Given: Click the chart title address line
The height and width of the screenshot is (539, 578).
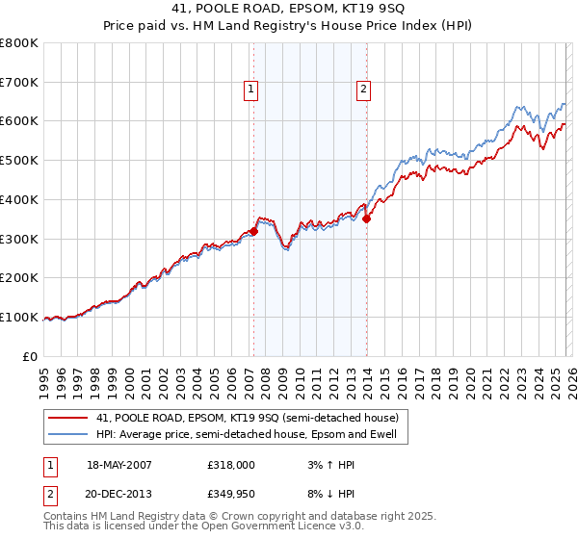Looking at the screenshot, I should pos(288,9).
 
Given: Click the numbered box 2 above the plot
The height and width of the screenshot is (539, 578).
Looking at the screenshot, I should pos(364,90).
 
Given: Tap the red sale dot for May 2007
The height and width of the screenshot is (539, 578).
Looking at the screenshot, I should pos(253,231).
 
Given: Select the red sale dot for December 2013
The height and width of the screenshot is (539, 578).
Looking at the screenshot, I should pos(366,218).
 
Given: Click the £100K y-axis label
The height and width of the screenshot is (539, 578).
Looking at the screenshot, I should pos(19,317).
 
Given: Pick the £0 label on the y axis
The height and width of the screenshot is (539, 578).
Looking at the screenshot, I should pos(29,356).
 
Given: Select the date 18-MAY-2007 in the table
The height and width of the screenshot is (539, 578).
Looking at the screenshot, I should pos(119,464).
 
